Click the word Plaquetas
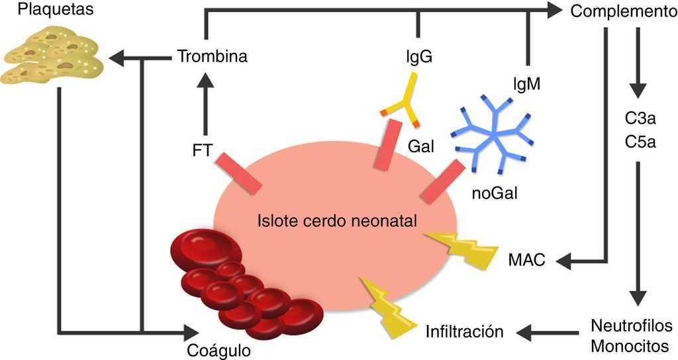38,9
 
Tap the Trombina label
213,56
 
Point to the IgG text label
419,57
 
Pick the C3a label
640,120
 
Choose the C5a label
640,142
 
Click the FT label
203,152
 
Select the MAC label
527,260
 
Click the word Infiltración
465,330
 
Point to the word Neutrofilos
631,326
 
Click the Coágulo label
227,350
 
